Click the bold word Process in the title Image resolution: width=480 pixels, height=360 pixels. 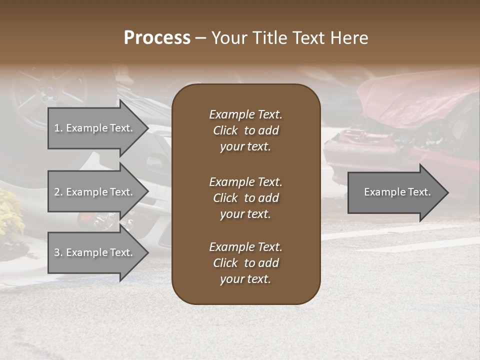point(157,38)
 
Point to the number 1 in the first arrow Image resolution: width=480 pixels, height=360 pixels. point(57,128)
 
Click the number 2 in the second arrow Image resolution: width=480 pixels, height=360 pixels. point(57,192)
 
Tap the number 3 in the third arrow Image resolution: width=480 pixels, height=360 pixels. point(57,252)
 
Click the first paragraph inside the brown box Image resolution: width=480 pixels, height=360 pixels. point(245,130)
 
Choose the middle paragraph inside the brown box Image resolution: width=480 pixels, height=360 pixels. point(245,198)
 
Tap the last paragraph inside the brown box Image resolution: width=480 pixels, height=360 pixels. point(245,263)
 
